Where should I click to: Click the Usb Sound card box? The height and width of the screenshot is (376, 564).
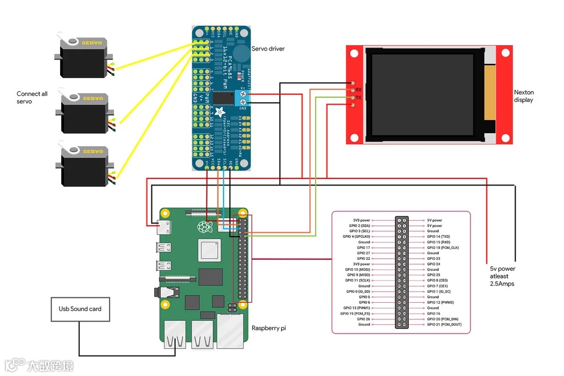click(x=80, y=309)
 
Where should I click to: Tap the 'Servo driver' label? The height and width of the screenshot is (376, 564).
click(x=268, y=49)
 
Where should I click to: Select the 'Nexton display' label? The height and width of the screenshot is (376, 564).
click(x=524, y=96)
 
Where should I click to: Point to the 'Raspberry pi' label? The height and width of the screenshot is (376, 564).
click(x=269, y=328)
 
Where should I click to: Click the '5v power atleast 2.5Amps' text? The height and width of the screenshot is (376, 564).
click(x=503, y=276)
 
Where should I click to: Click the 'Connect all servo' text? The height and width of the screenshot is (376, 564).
click(x=32, y=97)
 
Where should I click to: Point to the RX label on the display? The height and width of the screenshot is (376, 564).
click(x=358, y=89)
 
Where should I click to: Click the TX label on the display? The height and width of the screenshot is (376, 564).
click(x=358, y=97)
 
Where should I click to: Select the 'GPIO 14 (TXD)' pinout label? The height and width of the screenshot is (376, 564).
click(x=438, y=237)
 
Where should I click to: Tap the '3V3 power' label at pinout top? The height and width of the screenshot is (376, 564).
click(x=362, y=220)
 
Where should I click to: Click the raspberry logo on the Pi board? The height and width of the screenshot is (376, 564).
click(x=205, y=227)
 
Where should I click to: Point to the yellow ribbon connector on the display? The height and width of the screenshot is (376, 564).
click(x=489, y=93)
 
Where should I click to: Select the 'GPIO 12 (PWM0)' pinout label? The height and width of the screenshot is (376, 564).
click(x=440, y=302)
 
